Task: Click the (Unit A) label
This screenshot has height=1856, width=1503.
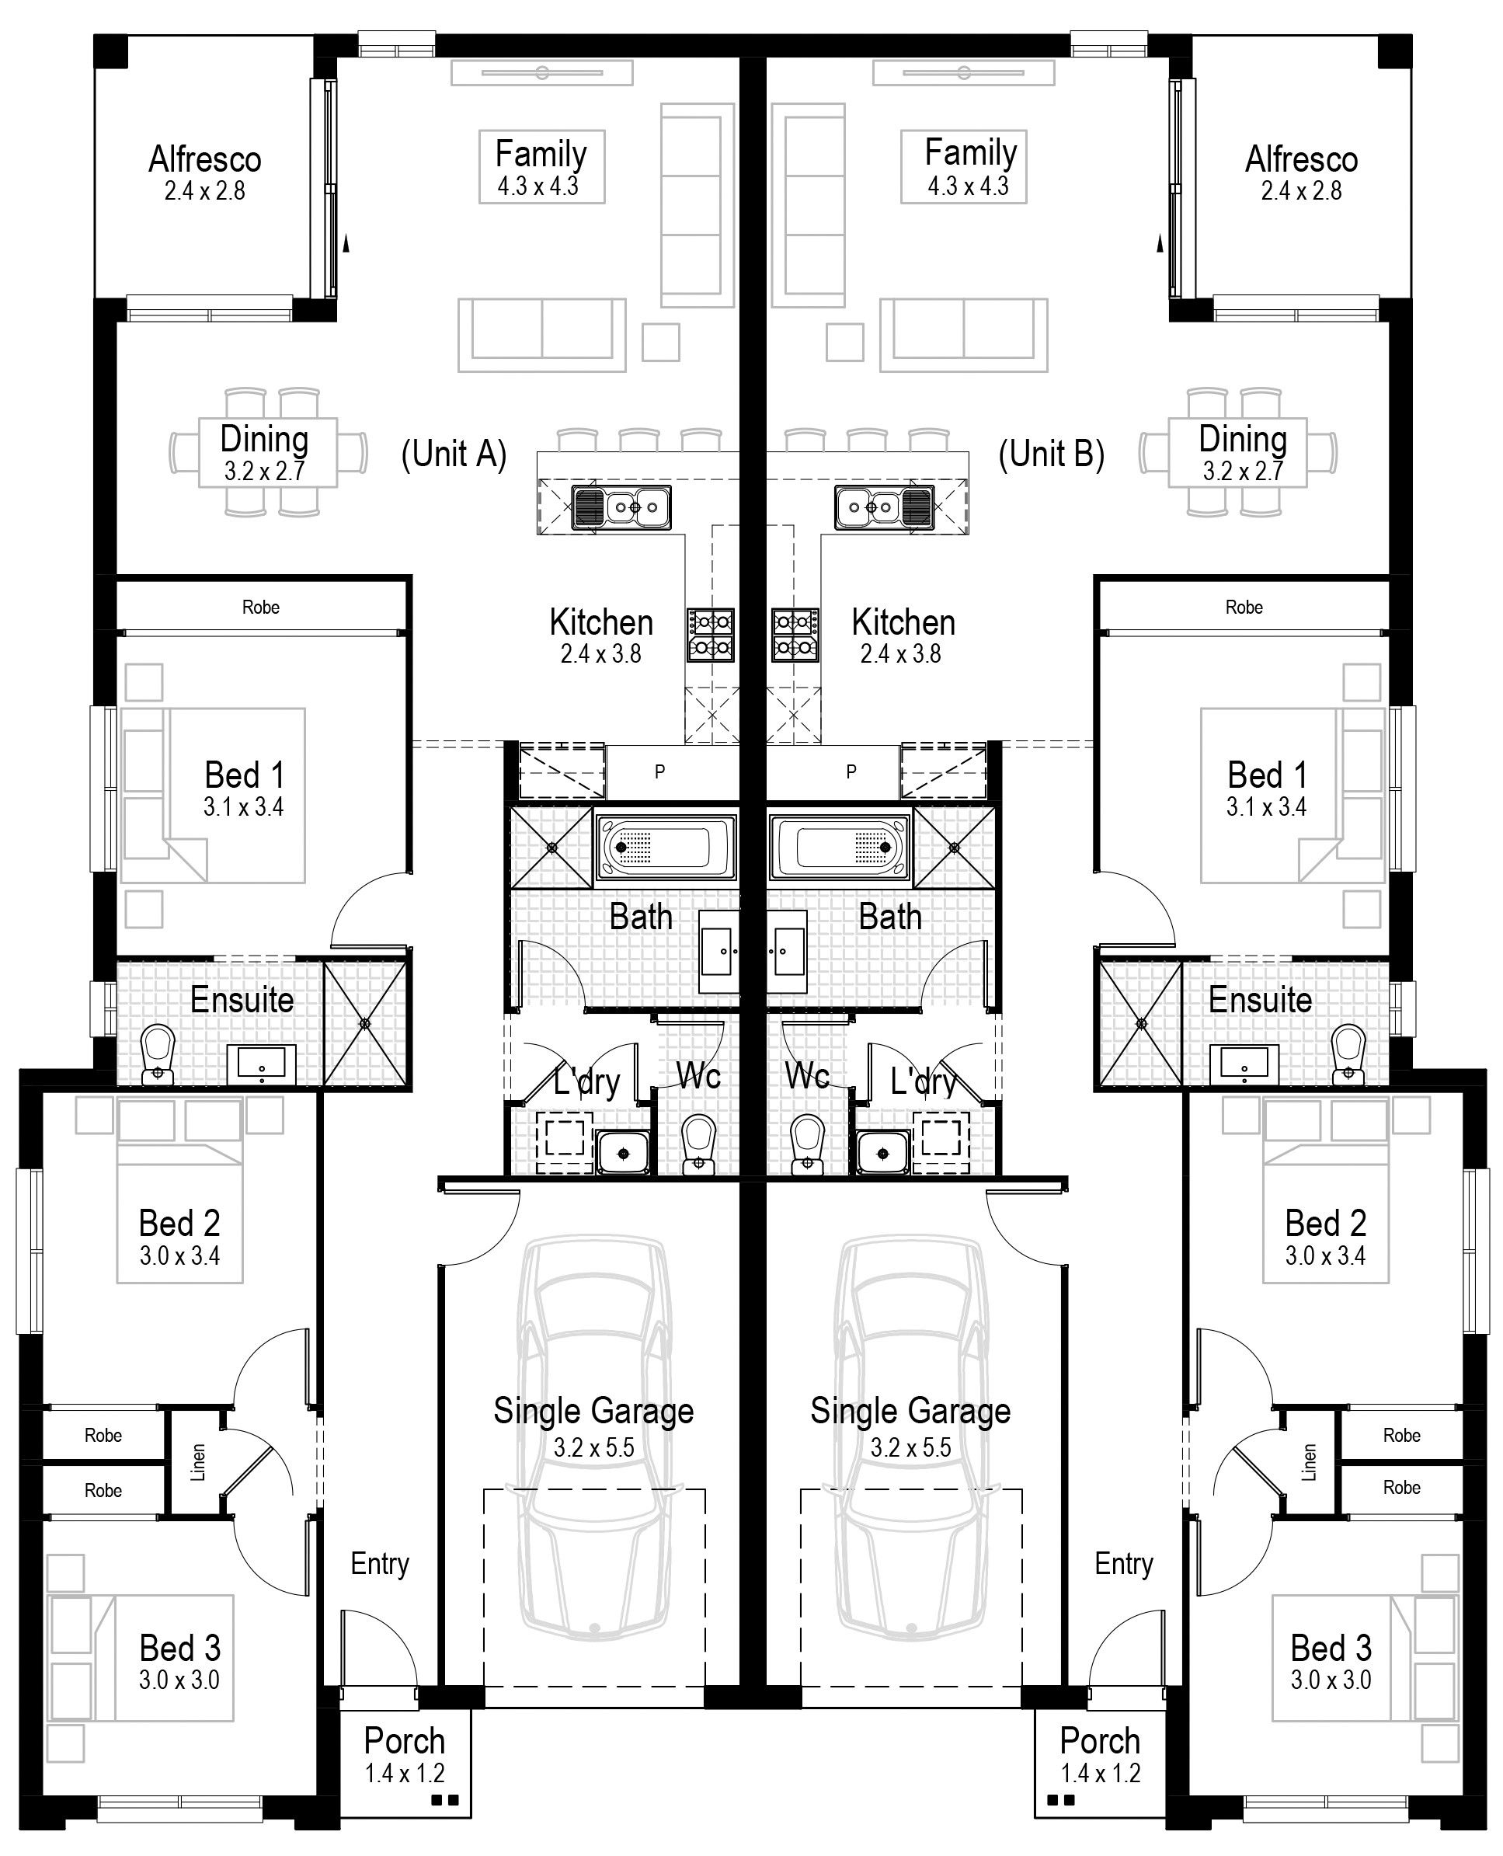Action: click(x=454, y=454)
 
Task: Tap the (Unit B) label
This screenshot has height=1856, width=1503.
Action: click(x=1051, y=454)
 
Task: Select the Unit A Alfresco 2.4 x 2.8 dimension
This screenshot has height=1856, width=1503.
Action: click(x=205, y=191)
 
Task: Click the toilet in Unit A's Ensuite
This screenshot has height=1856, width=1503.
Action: click(x=158, y=1054)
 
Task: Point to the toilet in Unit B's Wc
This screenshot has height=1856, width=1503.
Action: click(x=808, y=1144)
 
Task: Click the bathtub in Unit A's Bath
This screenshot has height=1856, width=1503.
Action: click(x=666, y=846)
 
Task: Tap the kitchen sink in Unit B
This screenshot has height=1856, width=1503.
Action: click(x=884, y=507)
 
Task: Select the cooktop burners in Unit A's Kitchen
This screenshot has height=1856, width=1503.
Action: click(x=711, y=635)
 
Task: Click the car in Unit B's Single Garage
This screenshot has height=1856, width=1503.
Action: click(x=911, y=1439)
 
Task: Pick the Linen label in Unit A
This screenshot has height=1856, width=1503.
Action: click(x=198, y=1463)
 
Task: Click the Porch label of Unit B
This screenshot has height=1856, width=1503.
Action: click(x=1100, y=1741)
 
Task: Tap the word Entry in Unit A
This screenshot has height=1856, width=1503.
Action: click(x=379, y=1563)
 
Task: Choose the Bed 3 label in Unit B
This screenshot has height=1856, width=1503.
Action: click(x=1331, y=1648)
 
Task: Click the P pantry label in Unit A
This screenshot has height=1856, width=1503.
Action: click(x=659, y=771)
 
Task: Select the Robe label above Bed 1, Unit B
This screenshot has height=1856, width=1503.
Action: click(x=1244, y=607)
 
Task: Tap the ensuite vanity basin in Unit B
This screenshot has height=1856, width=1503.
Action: click(x=1244, y=1064)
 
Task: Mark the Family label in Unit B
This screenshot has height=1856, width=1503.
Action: click(x=971, y=152)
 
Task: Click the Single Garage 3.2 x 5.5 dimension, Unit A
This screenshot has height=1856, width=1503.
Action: click(x=594, y=1447)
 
